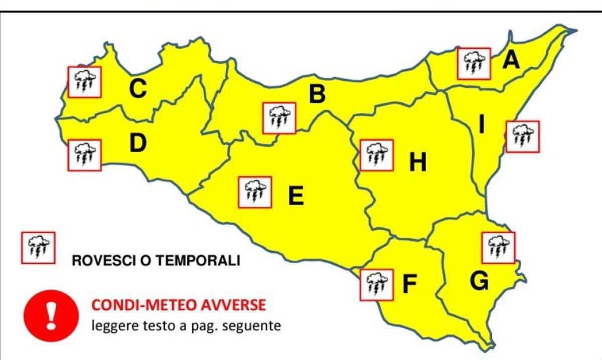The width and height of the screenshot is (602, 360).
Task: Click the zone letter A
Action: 511,61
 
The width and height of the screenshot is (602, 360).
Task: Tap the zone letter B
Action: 317,94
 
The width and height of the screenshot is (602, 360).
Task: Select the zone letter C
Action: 137,90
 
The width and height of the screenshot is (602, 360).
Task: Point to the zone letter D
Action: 137,143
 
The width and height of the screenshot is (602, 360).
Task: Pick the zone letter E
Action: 295,196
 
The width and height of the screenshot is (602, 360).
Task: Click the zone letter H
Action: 417,162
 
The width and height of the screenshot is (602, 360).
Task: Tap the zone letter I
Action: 482,125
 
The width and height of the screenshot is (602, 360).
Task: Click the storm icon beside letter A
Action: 474,64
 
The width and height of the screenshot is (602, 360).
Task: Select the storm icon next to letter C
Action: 85,82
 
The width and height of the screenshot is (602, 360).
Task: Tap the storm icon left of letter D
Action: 84,155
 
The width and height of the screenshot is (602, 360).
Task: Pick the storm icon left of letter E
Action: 255,192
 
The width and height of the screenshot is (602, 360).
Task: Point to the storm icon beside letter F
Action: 377,285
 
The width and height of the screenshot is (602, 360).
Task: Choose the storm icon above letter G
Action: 498,247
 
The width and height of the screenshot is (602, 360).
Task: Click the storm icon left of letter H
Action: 377,155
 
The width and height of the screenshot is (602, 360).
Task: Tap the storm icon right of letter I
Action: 522,136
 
